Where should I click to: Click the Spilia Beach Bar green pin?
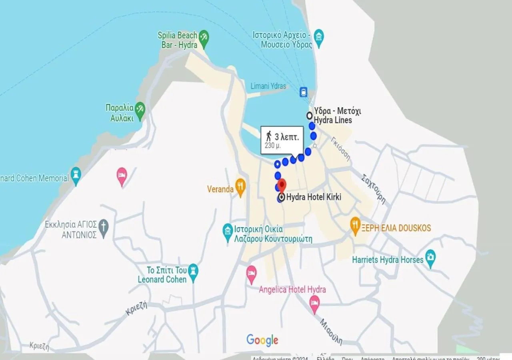click(204, 38)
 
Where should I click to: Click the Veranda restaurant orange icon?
click(240, 186)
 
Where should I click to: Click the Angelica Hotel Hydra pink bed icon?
click(315, 304)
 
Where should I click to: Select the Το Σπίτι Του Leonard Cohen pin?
click(193, 272)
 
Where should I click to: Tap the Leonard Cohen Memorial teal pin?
click(76, 175)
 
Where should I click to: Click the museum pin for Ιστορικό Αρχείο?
click(319, 37)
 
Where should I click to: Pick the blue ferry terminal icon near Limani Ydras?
click(304, 92)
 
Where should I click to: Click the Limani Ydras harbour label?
click(268, 86)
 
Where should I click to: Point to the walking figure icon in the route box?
click(269, 136)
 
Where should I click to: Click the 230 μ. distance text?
click(273, 146)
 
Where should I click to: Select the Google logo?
click(262, 340)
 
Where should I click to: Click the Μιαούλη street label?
click(331, 331)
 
